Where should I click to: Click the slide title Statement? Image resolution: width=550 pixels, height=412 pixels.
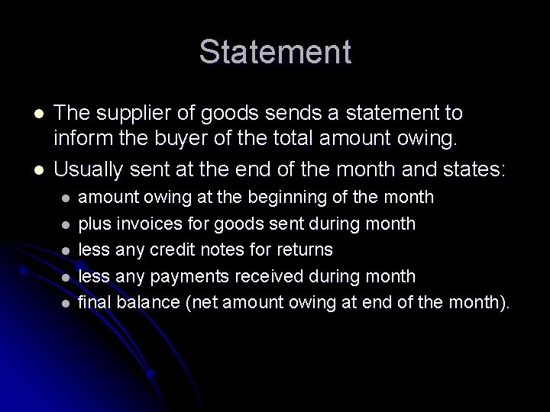pyautogui.click(x=275, y=53)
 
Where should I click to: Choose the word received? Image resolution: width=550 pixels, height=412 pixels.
pyautogui.click(x=285, y=275)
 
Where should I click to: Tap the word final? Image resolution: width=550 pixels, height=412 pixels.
pyautogui.click(x=95, y=301)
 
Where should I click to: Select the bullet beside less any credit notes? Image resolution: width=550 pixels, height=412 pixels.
pyautogui.click(x=66, y=250)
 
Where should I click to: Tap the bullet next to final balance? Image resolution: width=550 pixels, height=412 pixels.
pyautogui.click(x=66, y=302)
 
